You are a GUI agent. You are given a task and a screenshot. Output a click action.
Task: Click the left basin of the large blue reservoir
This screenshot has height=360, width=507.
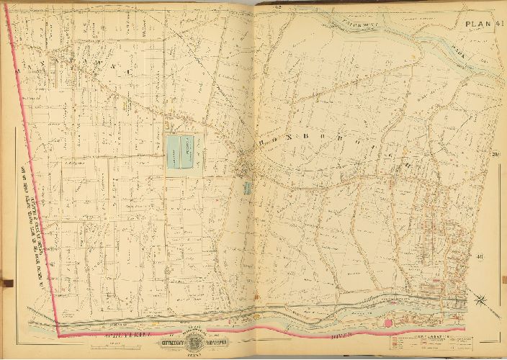(174, 152)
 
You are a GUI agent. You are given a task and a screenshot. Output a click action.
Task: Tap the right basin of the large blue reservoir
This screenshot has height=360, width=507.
(192, 152)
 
